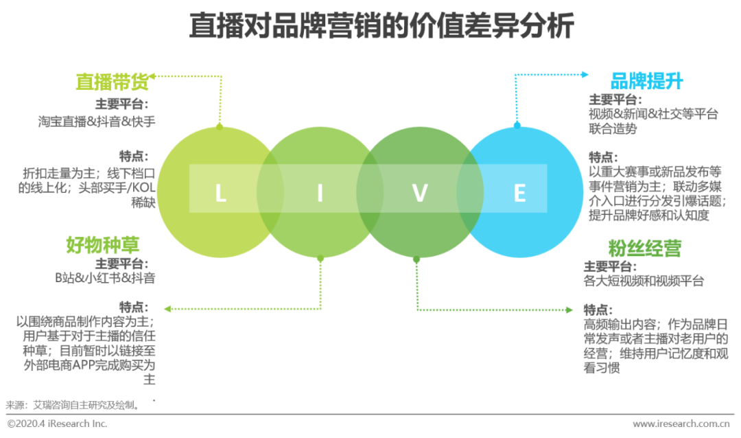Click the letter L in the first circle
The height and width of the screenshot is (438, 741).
220,194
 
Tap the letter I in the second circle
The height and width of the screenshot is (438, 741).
320,194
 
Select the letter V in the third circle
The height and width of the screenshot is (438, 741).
420,194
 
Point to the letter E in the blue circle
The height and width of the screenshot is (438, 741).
519,194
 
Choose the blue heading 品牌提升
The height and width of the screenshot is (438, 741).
647,82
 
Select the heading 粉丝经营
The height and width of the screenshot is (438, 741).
644,248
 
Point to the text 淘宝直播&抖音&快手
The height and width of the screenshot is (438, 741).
97,122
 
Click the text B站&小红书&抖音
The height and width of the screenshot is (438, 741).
105,278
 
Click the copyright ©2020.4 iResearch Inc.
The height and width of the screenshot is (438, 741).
58,424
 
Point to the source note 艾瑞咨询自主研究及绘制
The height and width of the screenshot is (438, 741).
86,404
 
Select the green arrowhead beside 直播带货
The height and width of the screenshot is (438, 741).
154,76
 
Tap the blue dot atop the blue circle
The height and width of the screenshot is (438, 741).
517,125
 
